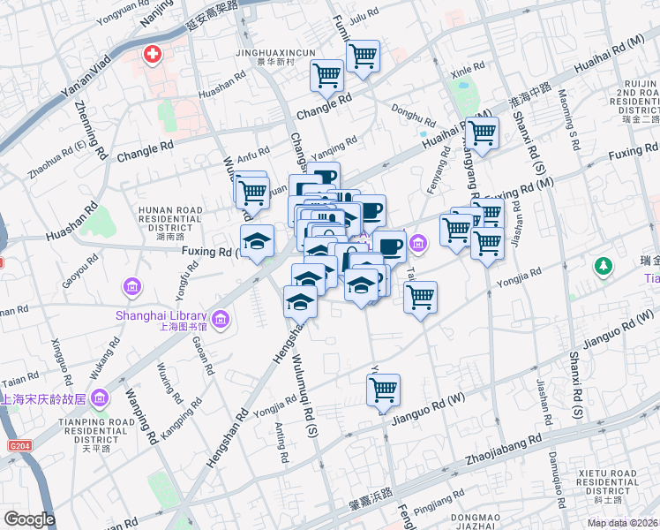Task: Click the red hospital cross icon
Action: [153, 56]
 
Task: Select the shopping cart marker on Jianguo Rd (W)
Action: [383, 389]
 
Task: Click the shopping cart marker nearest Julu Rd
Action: [363, 57]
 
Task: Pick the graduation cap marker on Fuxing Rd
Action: [258, 240]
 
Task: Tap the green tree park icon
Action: [604, 265]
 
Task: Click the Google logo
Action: [29, 519]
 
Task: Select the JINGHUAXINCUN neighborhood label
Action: [274, 53]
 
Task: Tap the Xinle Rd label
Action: [469, 68]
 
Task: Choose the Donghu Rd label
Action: [413, 117]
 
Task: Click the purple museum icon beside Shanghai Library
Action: [220, 317]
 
